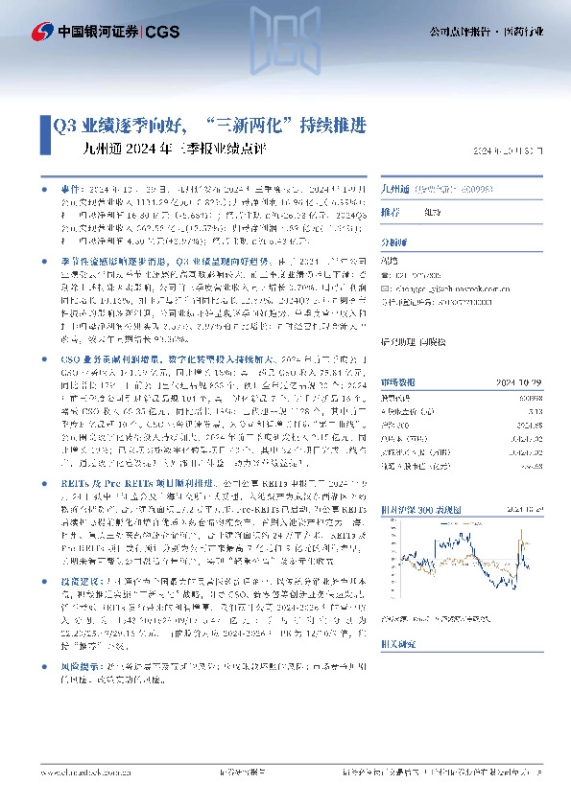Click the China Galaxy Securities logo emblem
tap(43, 31)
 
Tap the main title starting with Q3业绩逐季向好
tap(208, 125)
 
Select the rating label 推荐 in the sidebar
tap(391, 212)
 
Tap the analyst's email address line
tap(444, 286)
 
